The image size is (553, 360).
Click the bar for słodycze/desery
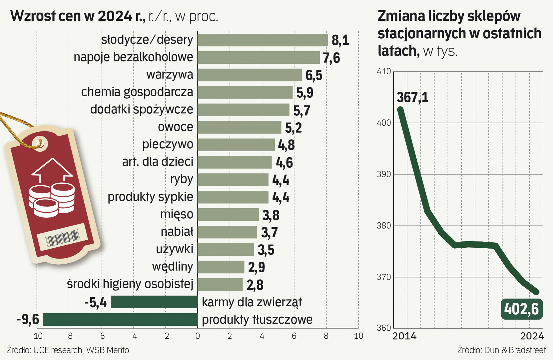(263, 40)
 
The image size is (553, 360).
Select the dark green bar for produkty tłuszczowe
(120, 319)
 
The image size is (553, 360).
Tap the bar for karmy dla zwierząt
(154, 302)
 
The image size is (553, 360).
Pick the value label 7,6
(331, 58)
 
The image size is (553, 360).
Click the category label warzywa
(170, 74)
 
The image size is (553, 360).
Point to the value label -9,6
(28, 319)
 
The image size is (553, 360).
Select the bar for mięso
(228, 215)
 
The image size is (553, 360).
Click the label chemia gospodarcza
(137, 92)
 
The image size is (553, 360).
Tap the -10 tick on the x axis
(36, 336)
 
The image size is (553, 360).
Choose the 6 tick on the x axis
(294, 336)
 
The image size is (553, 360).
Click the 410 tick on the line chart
(384, 72)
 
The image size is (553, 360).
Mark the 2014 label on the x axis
(404, 336)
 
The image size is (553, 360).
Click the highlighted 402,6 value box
(521, 309)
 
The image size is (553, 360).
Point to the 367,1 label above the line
(412, 97)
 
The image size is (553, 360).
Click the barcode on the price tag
(62, 238)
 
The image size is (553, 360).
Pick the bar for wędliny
(221, 267)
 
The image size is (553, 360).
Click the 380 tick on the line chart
(384, 226)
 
